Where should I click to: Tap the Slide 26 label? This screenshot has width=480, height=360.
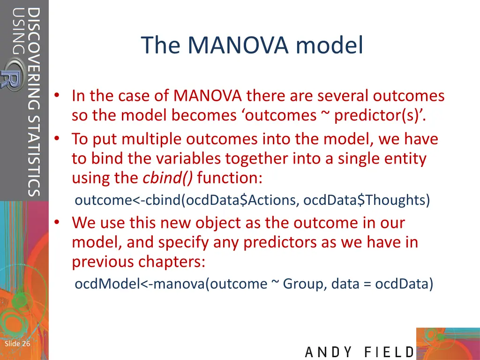(x=17, y=344)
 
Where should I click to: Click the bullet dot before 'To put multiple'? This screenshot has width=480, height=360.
(x=56, y=139)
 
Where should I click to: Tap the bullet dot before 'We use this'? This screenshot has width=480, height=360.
(x=56, y=223)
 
